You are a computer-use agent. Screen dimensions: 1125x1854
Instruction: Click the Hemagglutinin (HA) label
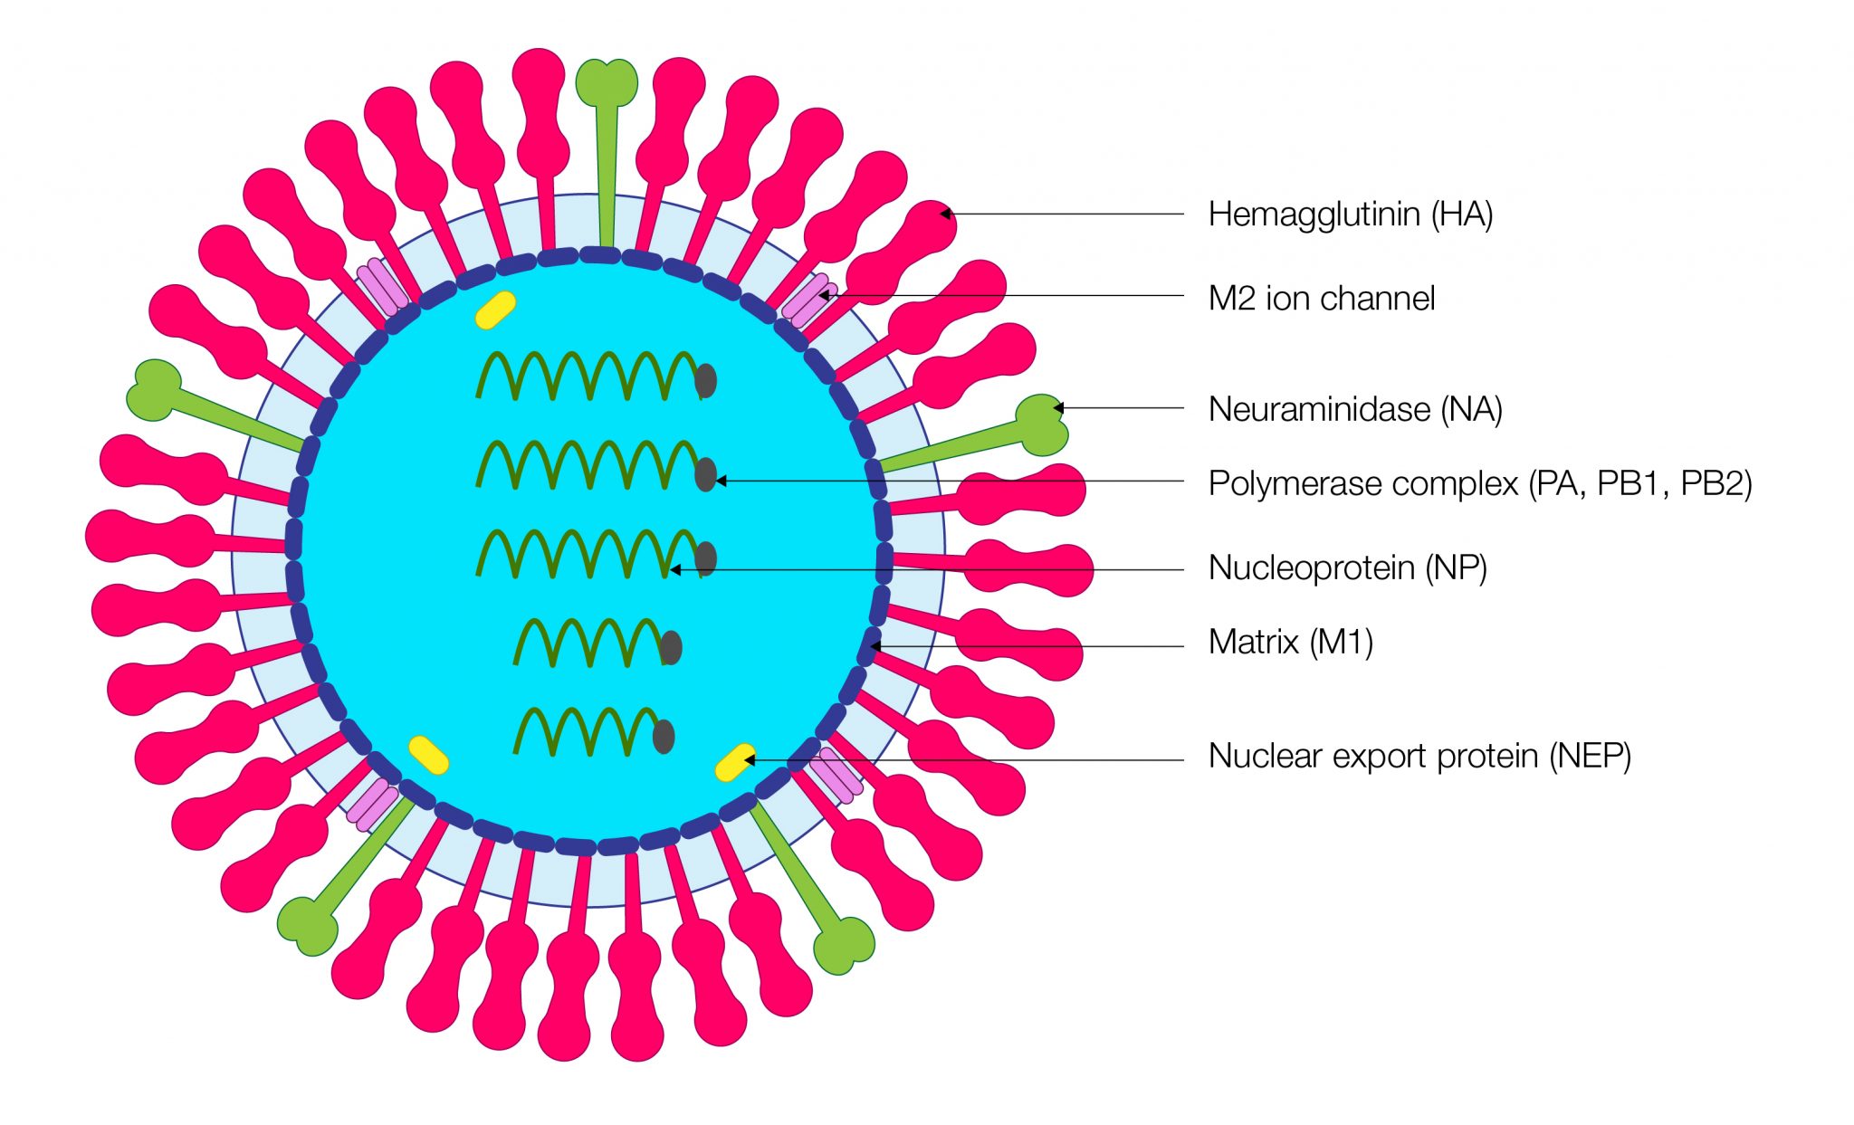(x=1350, y=215)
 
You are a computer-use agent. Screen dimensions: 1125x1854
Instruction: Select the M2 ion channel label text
(x=1321, y=298)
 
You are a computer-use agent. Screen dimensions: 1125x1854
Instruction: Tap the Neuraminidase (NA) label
(x=1354, y=409)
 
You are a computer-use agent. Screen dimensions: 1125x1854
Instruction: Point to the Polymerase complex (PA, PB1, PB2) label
(x=1479, y=483)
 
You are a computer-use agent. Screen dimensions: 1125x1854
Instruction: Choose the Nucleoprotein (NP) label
(x=1347, y=567)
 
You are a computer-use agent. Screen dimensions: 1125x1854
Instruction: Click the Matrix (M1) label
(x=1290, y=642)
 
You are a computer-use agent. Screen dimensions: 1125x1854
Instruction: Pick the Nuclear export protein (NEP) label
(x=1419, y=756)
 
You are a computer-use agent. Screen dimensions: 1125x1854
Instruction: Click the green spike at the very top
(x=607, y=81)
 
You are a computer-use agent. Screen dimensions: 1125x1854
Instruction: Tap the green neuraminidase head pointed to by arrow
(x=1042, y=424)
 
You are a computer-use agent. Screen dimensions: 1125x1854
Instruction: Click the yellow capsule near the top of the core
(x=495, y=310)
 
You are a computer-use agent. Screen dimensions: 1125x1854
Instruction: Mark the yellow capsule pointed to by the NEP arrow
(x=734, y=762)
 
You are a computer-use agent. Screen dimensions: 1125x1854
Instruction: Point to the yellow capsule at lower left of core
(x=428, y=755)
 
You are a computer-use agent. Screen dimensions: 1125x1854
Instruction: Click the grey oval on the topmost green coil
(x=706, y=380)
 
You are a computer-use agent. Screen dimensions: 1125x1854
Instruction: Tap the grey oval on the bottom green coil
(x=664, y=737)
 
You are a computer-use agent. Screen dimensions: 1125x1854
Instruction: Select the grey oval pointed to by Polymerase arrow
(x=705, y=474)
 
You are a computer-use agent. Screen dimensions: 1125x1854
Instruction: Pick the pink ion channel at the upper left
(x=381, y=286)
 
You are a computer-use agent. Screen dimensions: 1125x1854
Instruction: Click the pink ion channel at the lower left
(x=372, y=804)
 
